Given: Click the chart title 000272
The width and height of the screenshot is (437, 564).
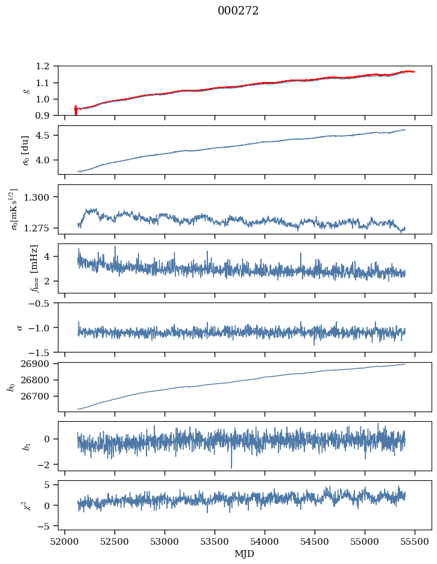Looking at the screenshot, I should tap(238, 11).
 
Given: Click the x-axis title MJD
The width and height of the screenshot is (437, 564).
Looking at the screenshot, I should tap(244, 554).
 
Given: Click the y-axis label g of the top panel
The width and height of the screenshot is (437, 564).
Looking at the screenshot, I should tap(26, 90).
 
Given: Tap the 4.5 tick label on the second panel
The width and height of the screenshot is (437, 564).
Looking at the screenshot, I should tap(46, 136).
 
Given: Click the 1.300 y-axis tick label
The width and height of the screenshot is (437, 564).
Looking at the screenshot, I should tap(40, 197).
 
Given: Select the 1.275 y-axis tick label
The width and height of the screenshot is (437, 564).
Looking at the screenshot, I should tap(40, 228).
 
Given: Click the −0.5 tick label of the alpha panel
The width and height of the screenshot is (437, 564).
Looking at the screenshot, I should tap(41, 303).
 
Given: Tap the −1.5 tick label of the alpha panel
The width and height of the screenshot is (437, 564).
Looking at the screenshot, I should tap(41, 352).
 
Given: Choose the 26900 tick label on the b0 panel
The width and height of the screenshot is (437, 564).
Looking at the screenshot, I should tap(38, 364).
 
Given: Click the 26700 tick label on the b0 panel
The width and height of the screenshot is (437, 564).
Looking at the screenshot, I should tap(38, 396).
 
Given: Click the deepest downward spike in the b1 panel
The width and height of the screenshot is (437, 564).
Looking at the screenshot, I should tap(231, 467).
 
